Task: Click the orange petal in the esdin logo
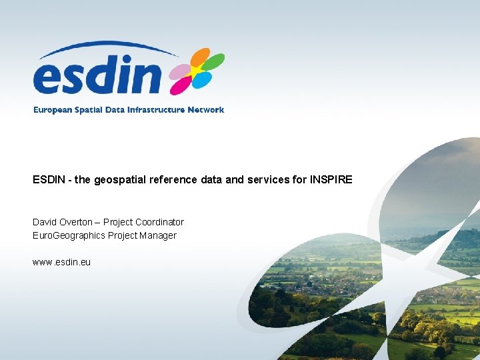199,57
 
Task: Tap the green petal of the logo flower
213,63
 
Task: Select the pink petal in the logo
181,71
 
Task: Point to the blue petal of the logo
202,81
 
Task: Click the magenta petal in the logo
179,85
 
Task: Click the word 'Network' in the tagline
206,110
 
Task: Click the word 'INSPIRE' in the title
331,180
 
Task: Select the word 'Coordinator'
159,222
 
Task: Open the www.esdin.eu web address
61,262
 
